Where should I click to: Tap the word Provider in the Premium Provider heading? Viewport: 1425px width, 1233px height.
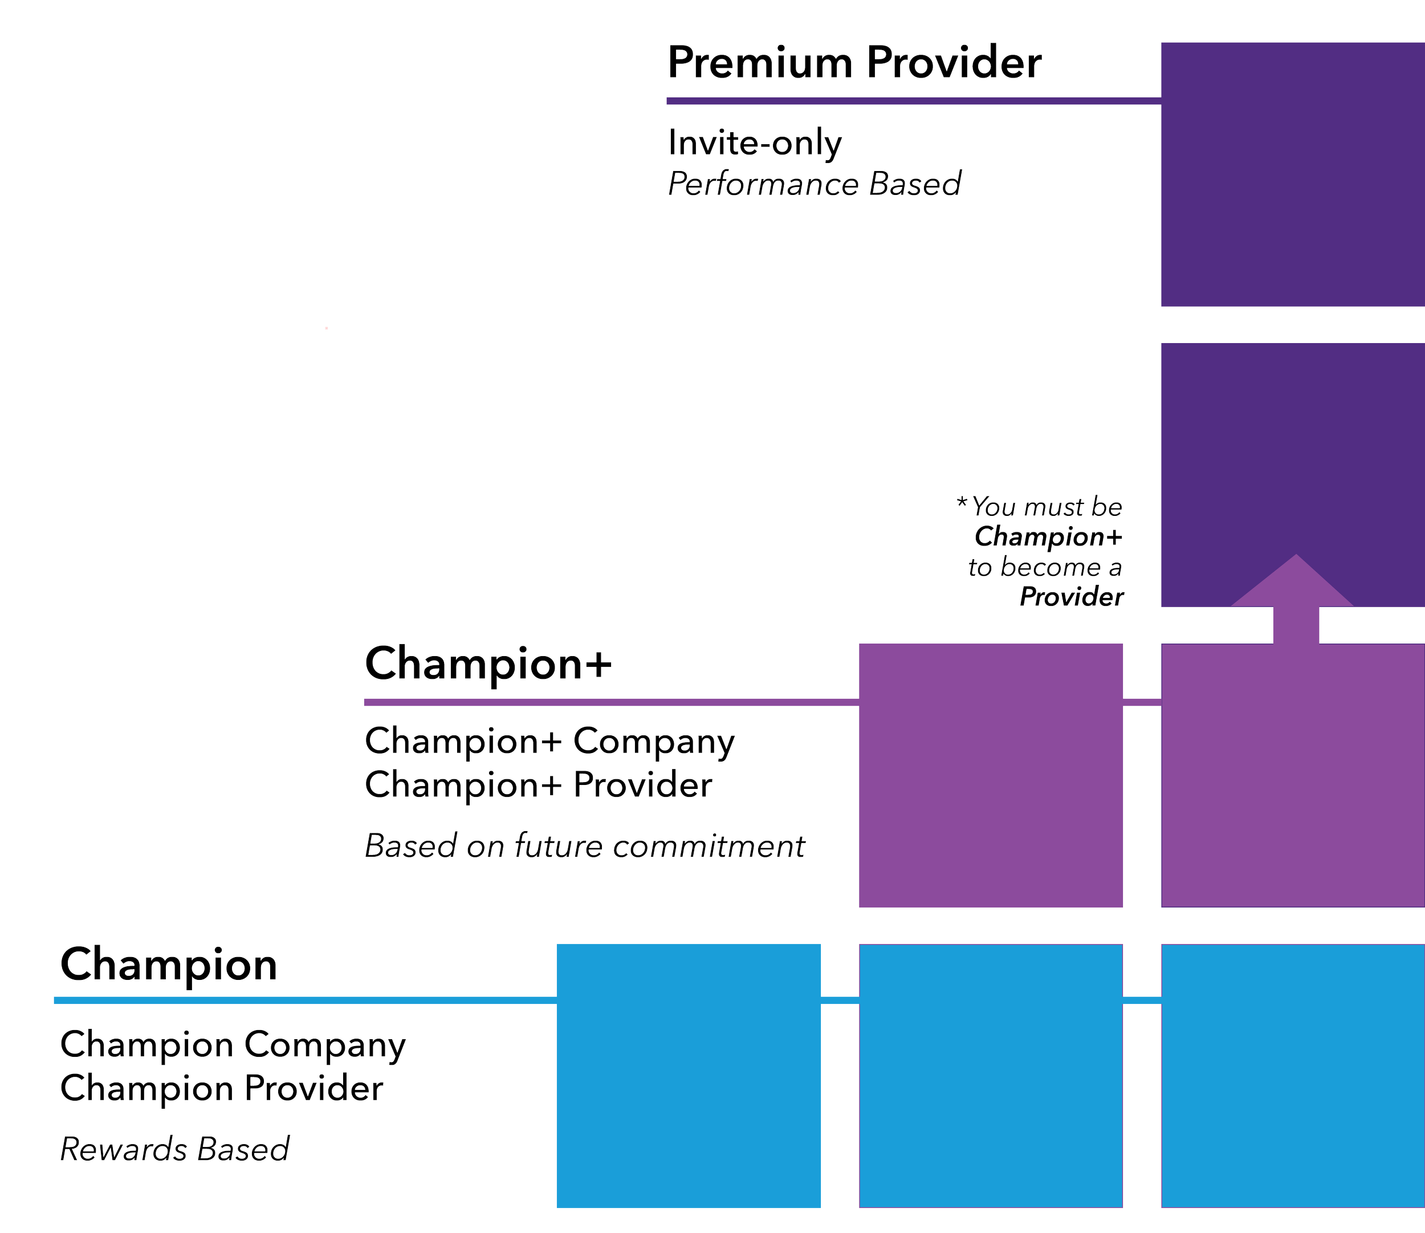954,63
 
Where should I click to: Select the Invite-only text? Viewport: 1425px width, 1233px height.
755,143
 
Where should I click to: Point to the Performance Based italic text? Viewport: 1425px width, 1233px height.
814,184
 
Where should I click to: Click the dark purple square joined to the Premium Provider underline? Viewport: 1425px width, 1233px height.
1292,174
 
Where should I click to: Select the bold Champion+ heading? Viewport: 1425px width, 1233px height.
488,664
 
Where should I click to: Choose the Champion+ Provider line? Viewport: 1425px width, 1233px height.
538,785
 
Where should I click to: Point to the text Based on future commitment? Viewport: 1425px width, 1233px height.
584,845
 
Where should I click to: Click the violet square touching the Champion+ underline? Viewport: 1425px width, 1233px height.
991,775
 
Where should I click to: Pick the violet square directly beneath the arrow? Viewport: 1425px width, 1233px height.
1292,775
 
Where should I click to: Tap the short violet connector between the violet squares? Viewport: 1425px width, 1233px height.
1142,702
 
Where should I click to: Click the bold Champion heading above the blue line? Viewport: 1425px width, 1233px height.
169,965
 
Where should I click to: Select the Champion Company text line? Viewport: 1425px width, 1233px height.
233,1045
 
